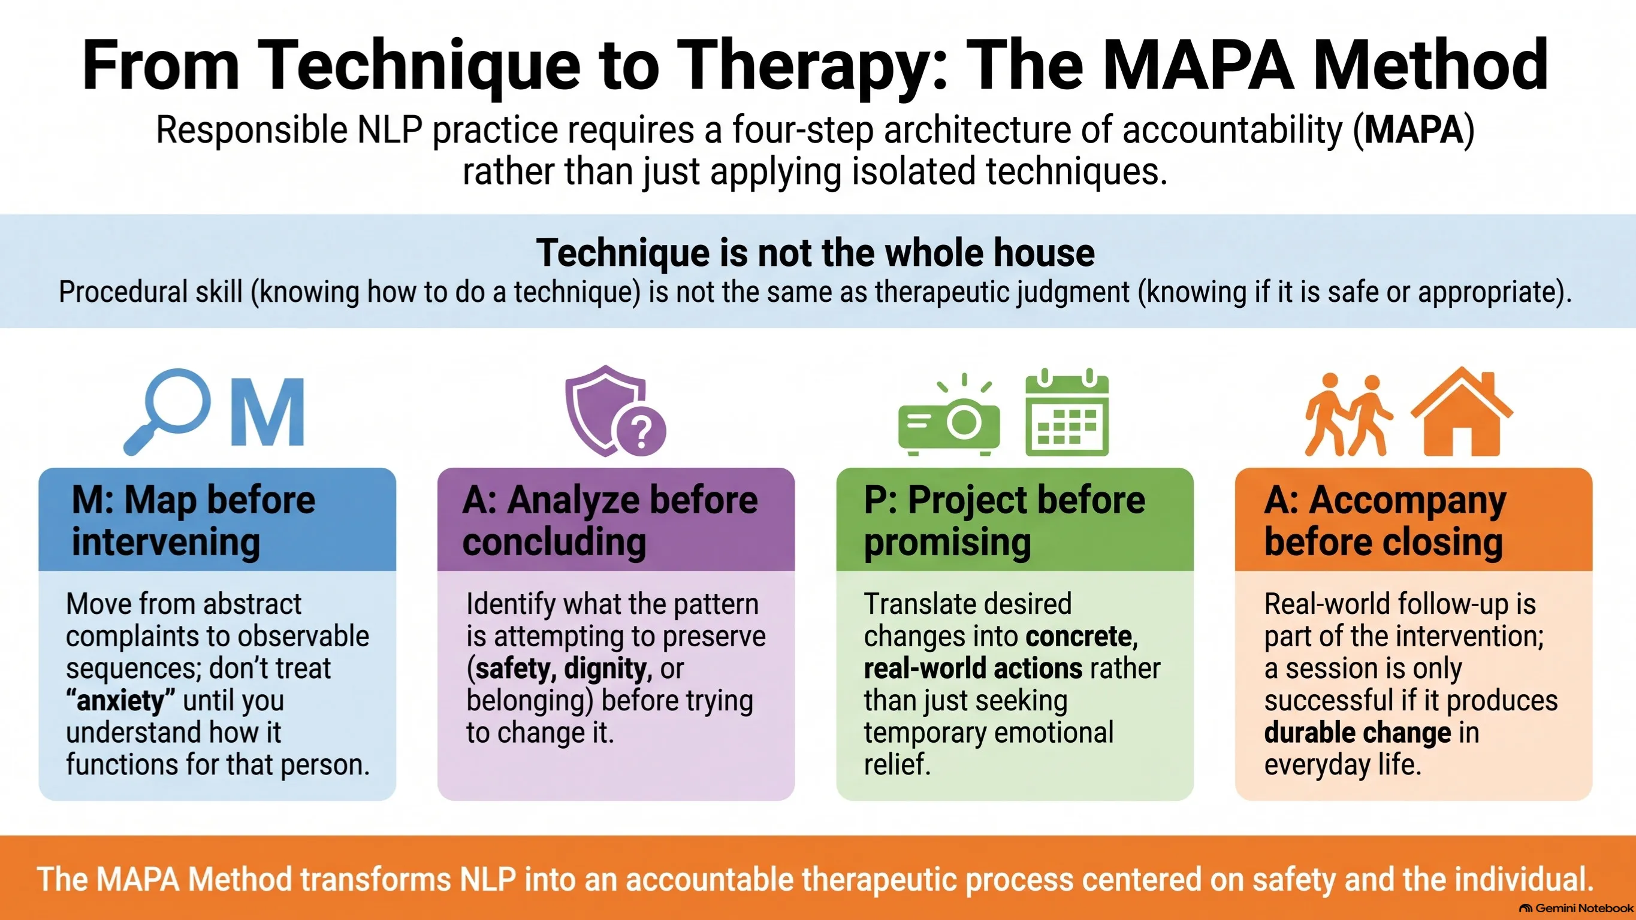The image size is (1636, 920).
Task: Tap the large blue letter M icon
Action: [x=267, y=413]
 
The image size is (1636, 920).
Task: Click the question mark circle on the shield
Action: [x=641, y=432]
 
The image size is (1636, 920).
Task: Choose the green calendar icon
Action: [x=1067, y=412]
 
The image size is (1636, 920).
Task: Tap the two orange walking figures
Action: [x=1348, y=414]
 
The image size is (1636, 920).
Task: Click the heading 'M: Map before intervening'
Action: [x=194, y=520]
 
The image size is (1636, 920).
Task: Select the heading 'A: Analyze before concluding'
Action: [x=609, y=520]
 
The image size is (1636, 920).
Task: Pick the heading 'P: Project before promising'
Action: [x=1004, y=520]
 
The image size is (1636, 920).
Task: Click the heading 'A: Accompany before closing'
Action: [x=1384, y=520]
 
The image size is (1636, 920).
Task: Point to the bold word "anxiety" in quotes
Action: [x=120, y=700]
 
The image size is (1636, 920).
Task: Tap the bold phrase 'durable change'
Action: [x=1357, y=733]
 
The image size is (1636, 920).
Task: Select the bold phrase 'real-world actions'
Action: [x=973, y=668]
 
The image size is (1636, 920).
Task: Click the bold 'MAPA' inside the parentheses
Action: [x=1414, y=130]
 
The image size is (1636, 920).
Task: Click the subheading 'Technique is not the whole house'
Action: [x=816, y=252]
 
